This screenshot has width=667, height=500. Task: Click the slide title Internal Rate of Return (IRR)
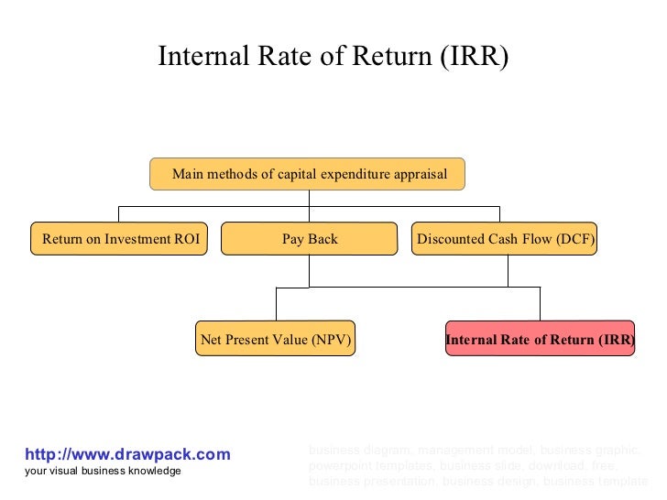point(333,57)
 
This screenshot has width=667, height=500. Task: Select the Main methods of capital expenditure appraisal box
point(308,174)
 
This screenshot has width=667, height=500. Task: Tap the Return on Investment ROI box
point(119,239)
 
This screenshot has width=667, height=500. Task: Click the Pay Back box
point(310,239)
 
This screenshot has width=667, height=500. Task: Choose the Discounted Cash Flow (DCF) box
point(505,239)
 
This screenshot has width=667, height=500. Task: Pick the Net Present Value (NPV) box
point(276,340)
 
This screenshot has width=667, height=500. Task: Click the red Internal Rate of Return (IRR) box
point(540,340)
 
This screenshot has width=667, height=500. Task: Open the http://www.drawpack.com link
point(127,454)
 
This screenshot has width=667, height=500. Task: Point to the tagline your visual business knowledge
point(103,471)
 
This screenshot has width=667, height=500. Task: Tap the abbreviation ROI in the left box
point(186,240)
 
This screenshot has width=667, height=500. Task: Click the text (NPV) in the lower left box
point(331,341)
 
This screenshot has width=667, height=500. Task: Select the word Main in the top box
point(188,174)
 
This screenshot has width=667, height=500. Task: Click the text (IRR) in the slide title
point(475,57)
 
